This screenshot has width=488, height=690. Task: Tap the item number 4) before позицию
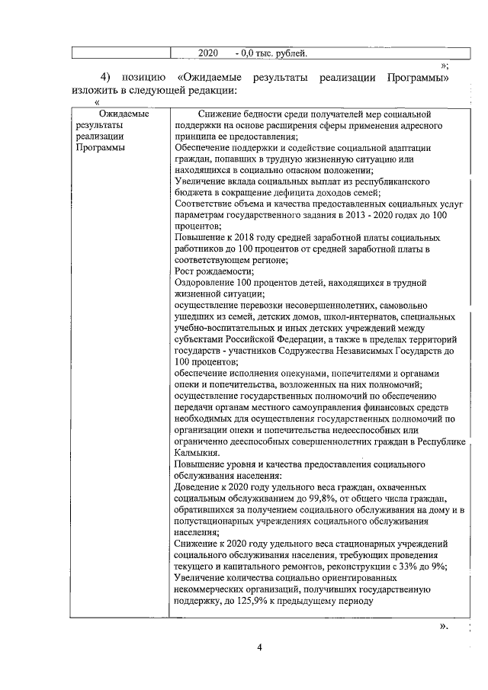click(106, 78)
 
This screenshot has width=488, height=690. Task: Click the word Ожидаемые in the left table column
click(112, 114)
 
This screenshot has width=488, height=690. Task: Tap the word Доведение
click(200, 486)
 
